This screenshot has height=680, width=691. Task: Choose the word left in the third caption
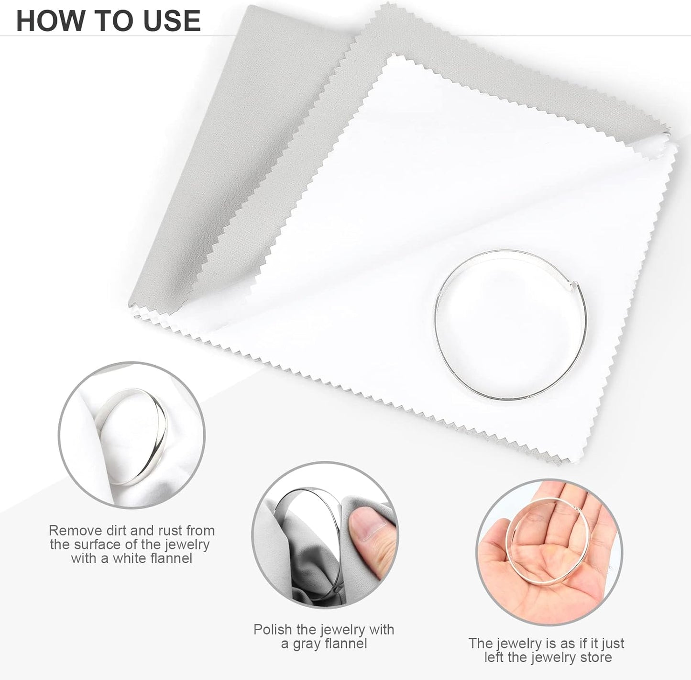494,657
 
